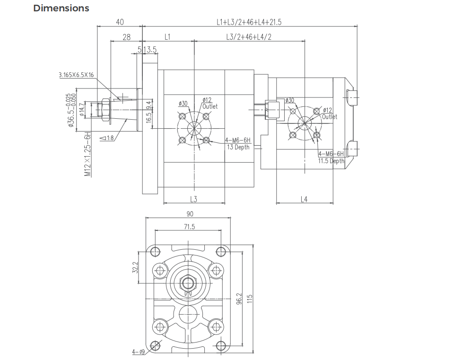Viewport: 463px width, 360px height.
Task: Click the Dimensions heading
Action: (x=61, y=8)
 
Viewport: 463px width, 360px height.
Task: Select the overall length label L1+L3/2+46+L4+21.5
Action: (x=249, y=22)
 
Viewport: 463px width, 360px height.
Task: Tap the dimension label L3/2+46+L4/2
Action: (x=249, y=37)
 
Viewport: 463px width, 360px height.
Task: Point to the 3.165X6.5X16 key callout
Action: (x=76, y=75)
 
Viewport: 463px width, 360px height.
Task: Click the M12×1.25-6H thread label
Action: (x=88, y=154)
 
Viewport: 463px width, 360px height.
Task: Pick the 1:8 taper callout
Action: (x=107, y=138)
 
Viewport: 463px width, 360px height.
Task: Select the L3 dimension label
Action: (x=193, y=199)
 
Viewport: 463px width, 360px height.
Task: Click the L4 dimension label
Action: (x=304, y=199)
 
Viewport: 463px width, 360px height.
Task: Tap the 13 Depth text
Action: (x=238, y=147)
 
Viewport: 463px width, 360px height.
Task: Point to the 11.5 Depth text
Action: (x=331, y=161)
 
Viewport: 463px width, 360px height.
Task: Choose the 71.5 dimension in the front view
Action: (x=189, y=227)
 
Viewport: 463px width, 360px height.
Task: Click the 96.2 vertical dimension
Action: (x=239, y=299)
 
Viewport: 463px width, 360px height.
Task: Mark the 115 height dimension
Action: (x=250, y=299)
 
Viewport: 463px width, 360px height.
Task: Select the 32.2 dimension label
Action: (x=135, y=268)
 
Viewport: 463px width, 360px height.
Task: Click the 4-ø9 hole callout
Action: (x=138, y=352)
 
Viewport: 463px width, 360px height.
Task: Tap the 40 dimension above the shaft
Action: (x=120, y=22)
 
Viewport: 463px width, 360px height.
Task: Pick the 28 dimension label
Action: (x=126, y=37)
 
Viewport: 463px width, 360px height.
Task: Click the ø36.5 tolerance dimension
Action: (x=71, y=110)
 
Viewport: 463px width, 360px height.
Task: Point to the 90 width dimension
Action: (x=190, y=214)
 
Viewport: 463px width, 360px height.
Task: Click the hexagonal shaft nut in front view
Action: (x=188, y=283)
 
